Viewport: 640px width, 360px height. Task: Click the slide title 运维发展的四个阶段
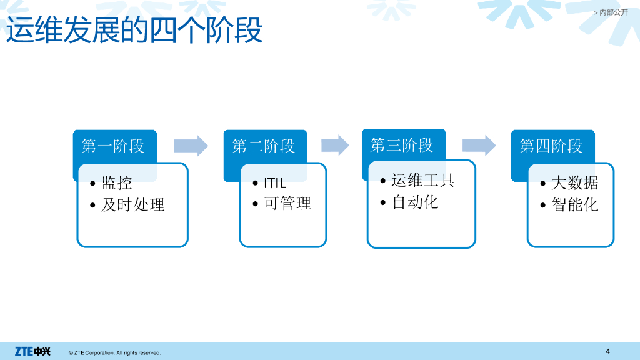point(134,30)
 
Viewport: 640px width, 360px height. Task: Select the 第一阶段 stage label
point(113,146)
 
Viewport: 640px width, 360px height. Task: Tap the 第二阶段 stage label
point(264,146)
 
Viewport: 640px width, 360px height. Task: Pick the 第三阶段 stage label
point(402,145)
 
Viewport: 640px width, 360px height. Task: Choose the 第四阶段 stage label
point(551,146)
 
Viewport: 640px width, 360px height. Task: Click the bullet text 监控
point(117,182)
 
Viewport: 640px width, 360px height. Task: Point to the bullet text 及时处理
point(133,204)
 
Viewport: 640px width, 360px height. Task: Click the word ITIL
point(275,183)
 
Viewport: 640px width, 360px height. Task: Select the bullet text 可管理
point(287,203)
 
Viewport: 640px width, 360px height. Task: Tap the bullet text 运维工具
point(423,180)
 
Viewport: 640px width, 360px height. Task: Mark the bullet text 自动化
point(415,202)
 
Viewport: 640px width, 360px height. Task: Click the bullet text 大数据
point(575,182)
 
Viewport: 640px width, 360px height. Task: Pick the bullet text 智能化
point(575,204)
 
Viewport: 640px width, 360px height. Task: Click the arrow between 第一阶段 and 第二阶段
point(191,146)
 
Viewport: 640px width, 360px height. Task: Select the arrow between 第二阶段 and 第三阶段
point(335,145)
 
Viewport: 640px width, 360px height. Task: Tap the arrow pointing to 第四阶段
point(479,145)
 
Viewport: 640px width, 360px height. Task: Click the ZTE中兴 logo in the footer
point(32,351)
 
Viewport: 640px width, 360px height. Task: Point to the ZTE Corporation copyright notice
point(115,352)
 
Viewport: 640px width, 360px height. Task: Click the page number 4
point(607,351)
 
